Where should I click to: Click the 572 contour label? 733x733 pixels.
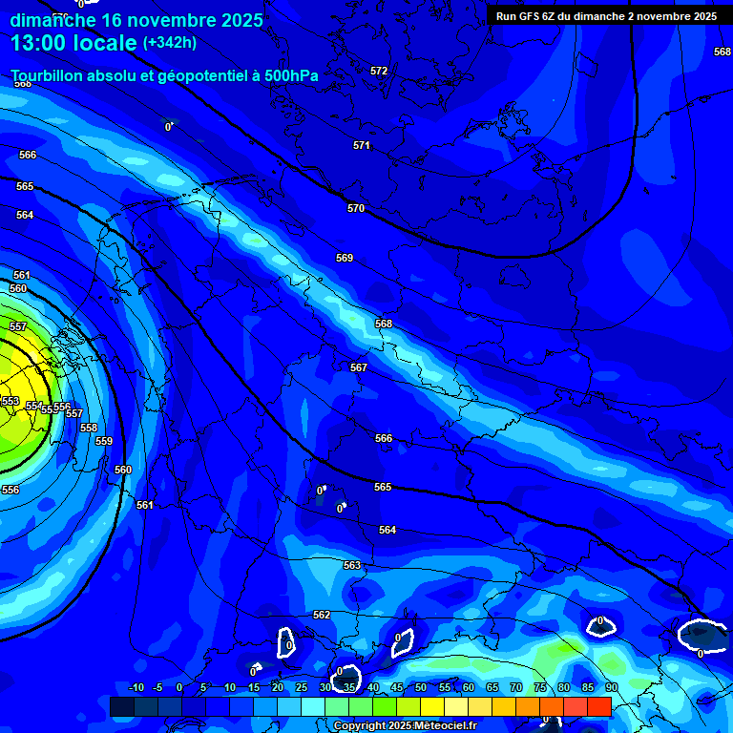coord(379,71)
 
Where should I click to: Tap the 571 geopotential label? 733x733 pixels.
coord(361,145)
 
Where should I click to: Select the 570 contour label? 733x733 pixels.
coord(356,208)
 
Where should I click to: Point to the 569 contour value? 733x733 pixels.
coord(345,258)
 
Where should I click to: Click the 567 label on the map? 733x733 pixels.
coord(359,367)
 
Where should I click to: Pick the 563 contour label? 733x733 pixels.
coord(352,565)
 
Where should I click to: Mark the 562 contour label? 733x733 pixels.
coord(322,615)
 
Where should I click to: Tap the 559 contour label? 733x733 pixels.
coord(104,441)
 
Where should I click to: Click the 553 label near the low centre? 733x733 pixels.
coord(10,401)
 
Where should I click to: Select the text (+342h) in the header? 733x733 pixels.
coord(170,43)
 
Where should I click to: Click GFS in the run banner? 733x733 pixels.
coord(530,16)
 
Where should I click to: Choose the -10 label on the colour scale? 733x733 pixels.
coord(136,687)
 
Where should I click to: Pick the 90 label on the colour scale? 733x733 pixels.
coord(611,687)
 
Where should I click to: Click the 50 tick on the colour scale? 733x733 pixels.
coord(420,687)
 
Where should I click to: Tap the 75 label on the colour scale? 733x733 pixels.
coord(540,687)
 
